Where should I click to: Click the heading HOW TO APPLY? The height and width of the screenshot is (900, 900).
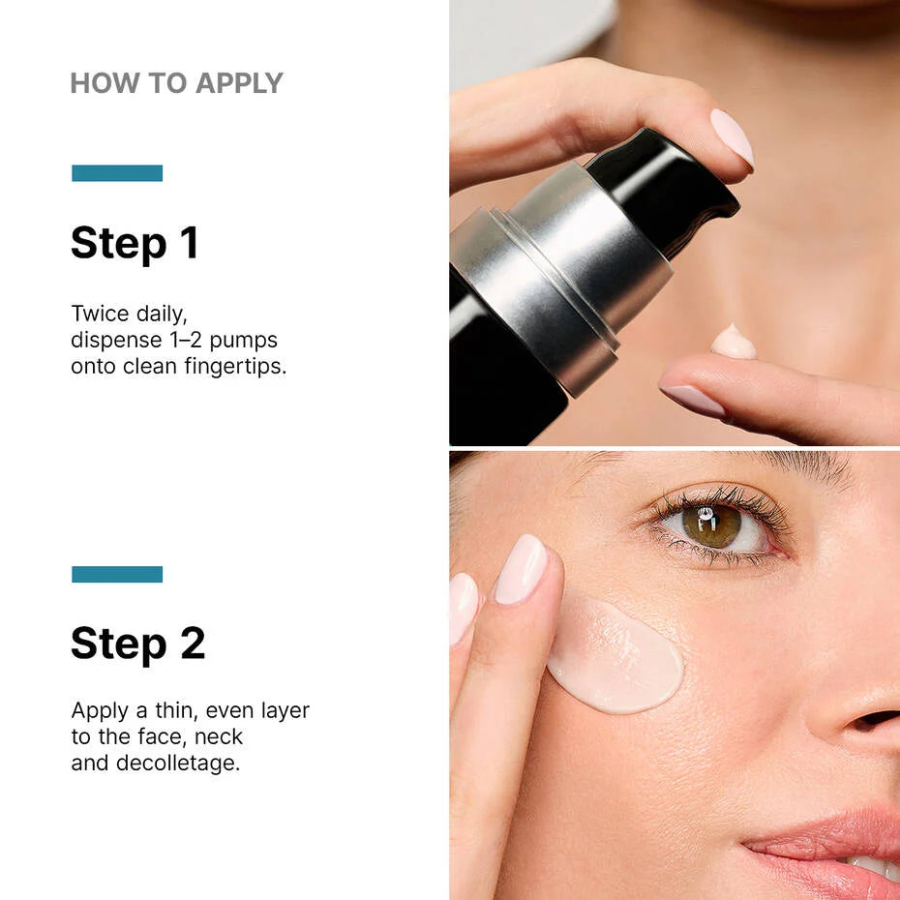click(x=176, y=83)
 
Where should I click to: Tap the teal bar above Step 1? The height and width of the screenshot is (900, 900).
click(x=117, y=173)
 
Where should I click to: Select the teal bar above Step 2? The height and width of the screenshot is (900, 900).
click(x=117, y=574)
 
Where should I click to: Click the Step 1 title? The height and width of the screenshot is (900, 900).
click(x=135, y=243)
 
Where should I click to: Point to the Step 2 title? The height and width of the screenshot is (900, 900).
click(x=137, y=644)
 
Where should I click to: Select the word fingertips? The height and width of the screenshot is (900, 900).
click(x=235, y=368)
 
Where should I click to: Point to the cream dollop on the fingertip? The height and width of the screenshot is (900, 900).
click(x=734, y=343)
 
